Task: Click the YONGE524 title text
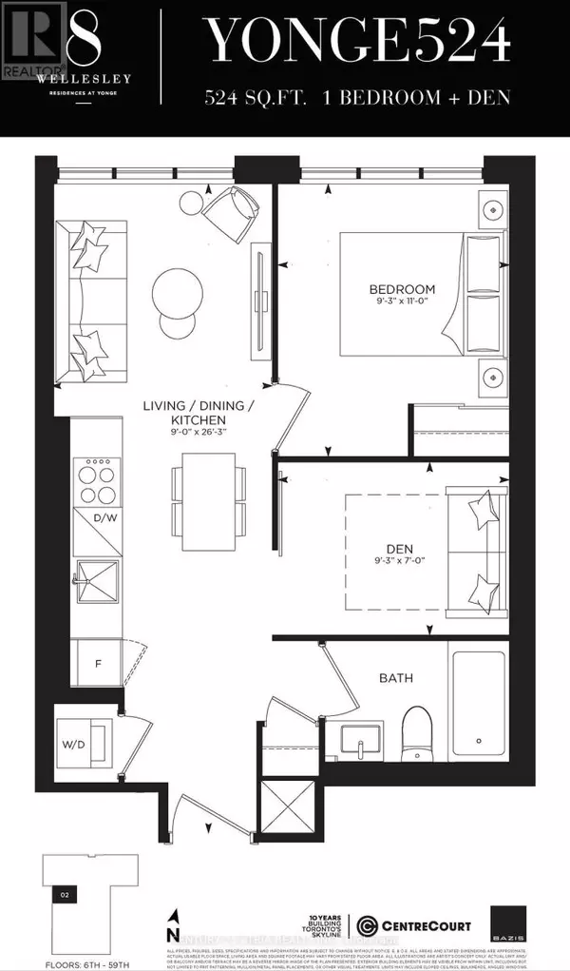(359, 42)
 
